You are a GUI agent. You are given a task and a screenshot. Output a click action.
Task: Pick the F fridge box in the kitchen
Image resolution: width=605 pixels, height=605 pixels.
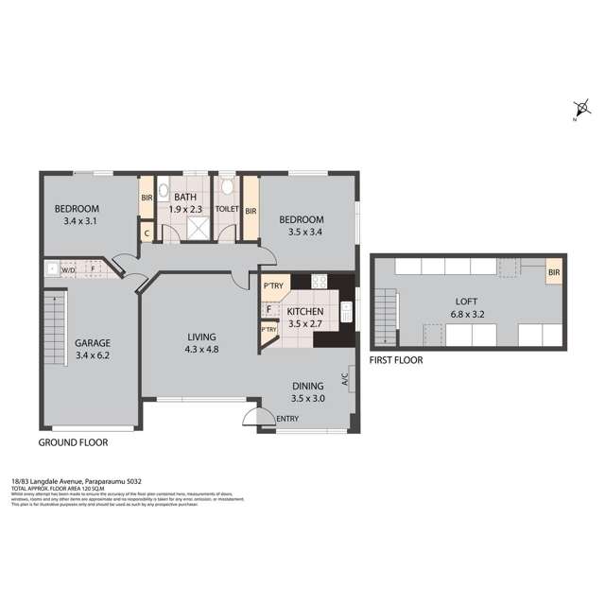(x=268, y=308)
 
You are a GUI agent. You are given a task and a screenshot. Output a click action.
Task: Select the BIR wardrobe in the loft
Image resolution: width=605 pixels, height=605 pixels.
(x=553, y=274)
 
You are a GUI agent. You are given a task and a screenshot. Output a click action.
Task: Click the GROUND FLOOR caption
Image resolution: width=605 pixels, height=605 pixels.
(x=73, y=442)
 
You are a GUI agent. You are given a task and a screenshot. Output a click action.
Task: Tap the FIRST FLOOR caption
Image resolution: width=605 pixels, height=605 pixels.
(x=396, y=360)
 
